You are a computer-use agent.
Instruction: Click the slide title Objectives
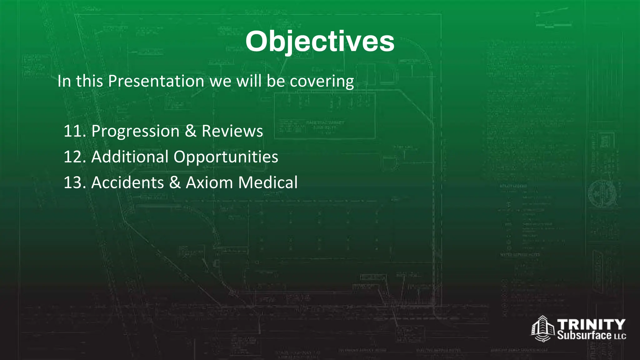(320, 42)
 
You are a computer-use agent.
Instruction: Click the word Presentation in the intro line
(156, 81)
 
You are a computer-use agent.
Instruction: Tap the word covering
(322, 81)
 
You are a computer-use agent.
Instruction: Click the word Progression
(135, 131)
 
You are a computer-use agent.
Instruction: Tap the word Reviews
(232, 131)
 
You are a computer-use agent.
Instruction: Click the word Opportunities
(226, 157)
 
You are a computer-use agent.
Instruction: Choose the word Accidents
(127, 182)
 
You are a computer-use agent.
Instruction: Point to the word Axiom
(209, 182)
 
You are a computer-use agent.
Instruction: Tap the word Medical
(268, 182)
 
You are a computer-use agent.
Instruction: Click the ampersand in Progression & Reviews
(191, 131)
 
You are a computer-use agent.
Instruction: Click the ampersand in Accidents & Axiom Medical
(175, 182)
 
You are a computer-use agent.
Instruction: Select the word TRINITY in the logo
(591, 324)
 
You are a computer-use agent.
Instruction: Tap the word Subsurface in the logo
(584, 335)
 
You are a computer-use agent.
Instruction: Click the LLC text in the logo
(620, 337)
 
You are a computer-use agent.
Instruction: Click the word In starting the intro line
(64, 81)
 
